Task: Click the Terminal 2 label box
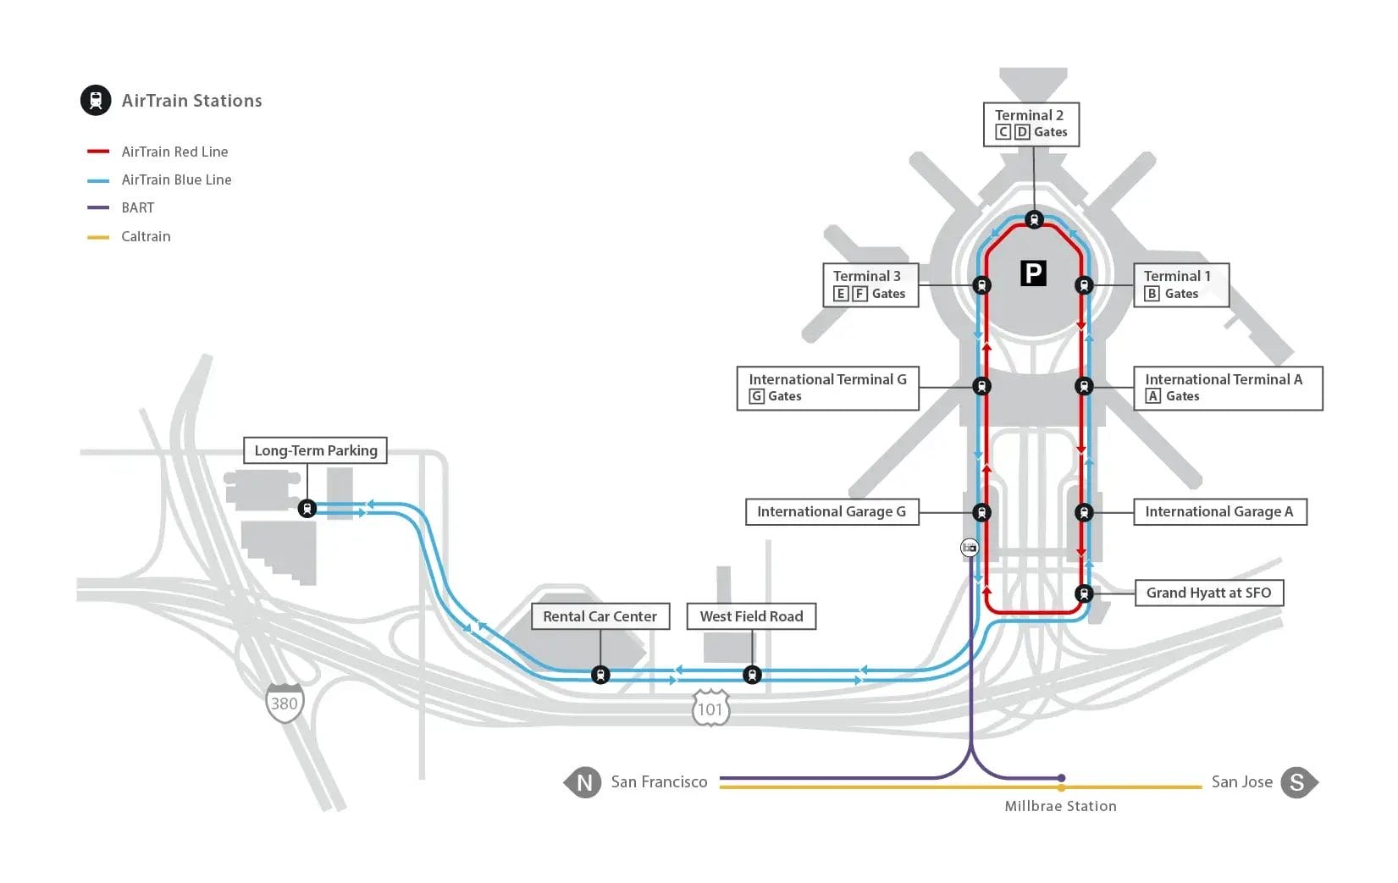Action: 1031,124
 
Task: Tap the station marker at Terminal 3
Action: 981,285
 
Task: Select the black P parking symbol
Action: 1033,273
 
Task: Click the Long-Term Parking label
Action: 315,450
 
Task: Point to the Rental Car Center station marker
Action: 600,675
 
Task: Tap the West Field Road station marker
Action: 752,675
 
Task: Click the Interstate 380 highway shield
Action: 285,703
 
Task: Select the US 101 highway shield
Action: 710,709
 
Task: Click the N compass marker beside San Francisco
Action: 583,782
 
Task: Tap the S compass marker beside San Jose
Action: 1296,782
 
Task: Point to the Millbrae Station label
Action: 1060,806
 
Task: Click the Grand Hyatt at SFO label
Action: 1208,593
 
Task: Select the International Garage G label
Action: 831,511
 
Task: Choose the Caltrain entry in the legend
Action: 146,236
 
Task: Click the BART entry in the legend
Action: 137,207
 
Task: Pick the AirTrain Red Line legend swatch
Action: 98,152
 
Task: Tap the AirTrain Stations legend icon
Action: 96,100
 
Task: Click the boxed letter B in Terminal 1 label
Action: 1152,294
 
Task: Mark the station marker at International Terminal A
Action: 1084,386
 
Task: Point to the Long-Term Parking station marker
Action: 307,509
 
